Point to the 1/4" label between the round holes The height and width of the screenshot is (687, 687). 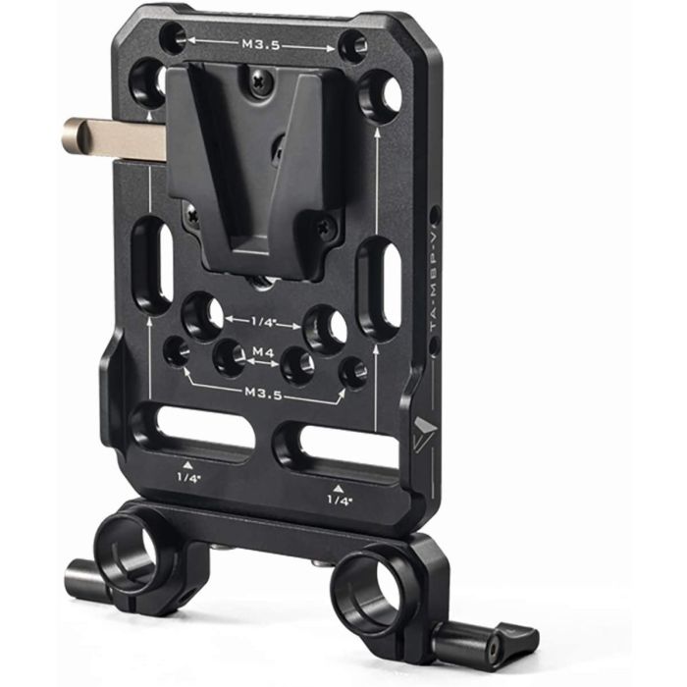coord(262,319)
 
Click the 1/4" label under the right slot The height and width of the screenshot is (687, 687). coord(339,500)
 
